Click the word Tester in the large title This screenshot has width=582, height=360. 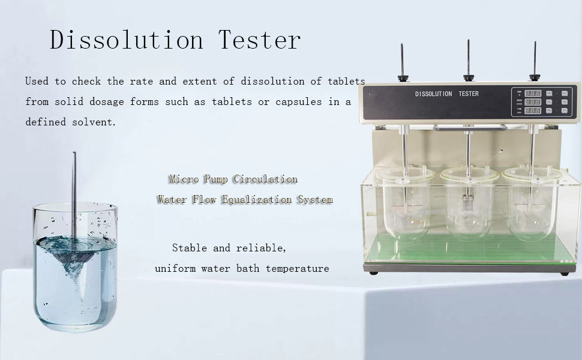click(259, 40)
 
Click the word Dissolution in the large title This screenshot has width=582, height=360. click(126, 40)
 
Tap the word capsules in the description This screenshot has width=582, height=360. click(298, 102)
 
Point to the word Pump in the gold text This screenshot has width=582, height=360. click(215, 179)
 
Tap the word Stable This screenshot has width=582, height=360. click(189, 248)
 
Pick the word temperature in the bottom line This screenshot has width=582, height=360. click(298, 268)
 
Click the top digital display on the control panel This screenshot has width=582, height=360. click(532, 93)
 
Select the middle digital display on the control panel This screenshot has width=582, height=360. click(532, 101)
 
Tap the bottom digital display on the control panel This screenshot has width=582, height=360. click(532, 110)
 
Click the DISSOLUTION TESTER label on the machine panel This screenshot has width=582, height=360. click(447, 94)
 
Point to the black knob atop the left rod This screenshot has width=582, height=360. click(403, 78)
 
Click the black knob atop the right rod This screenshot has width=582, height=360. click(535, 77)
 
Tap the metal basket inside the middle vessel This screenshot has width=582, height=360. click(467, 203)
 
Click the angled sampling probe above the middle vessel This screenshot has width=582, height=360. click(494, 158)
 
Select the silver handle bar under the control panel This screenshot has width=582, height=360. click(470, 128)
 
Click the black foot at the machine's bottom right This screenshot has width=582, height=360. click(565, 274)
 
